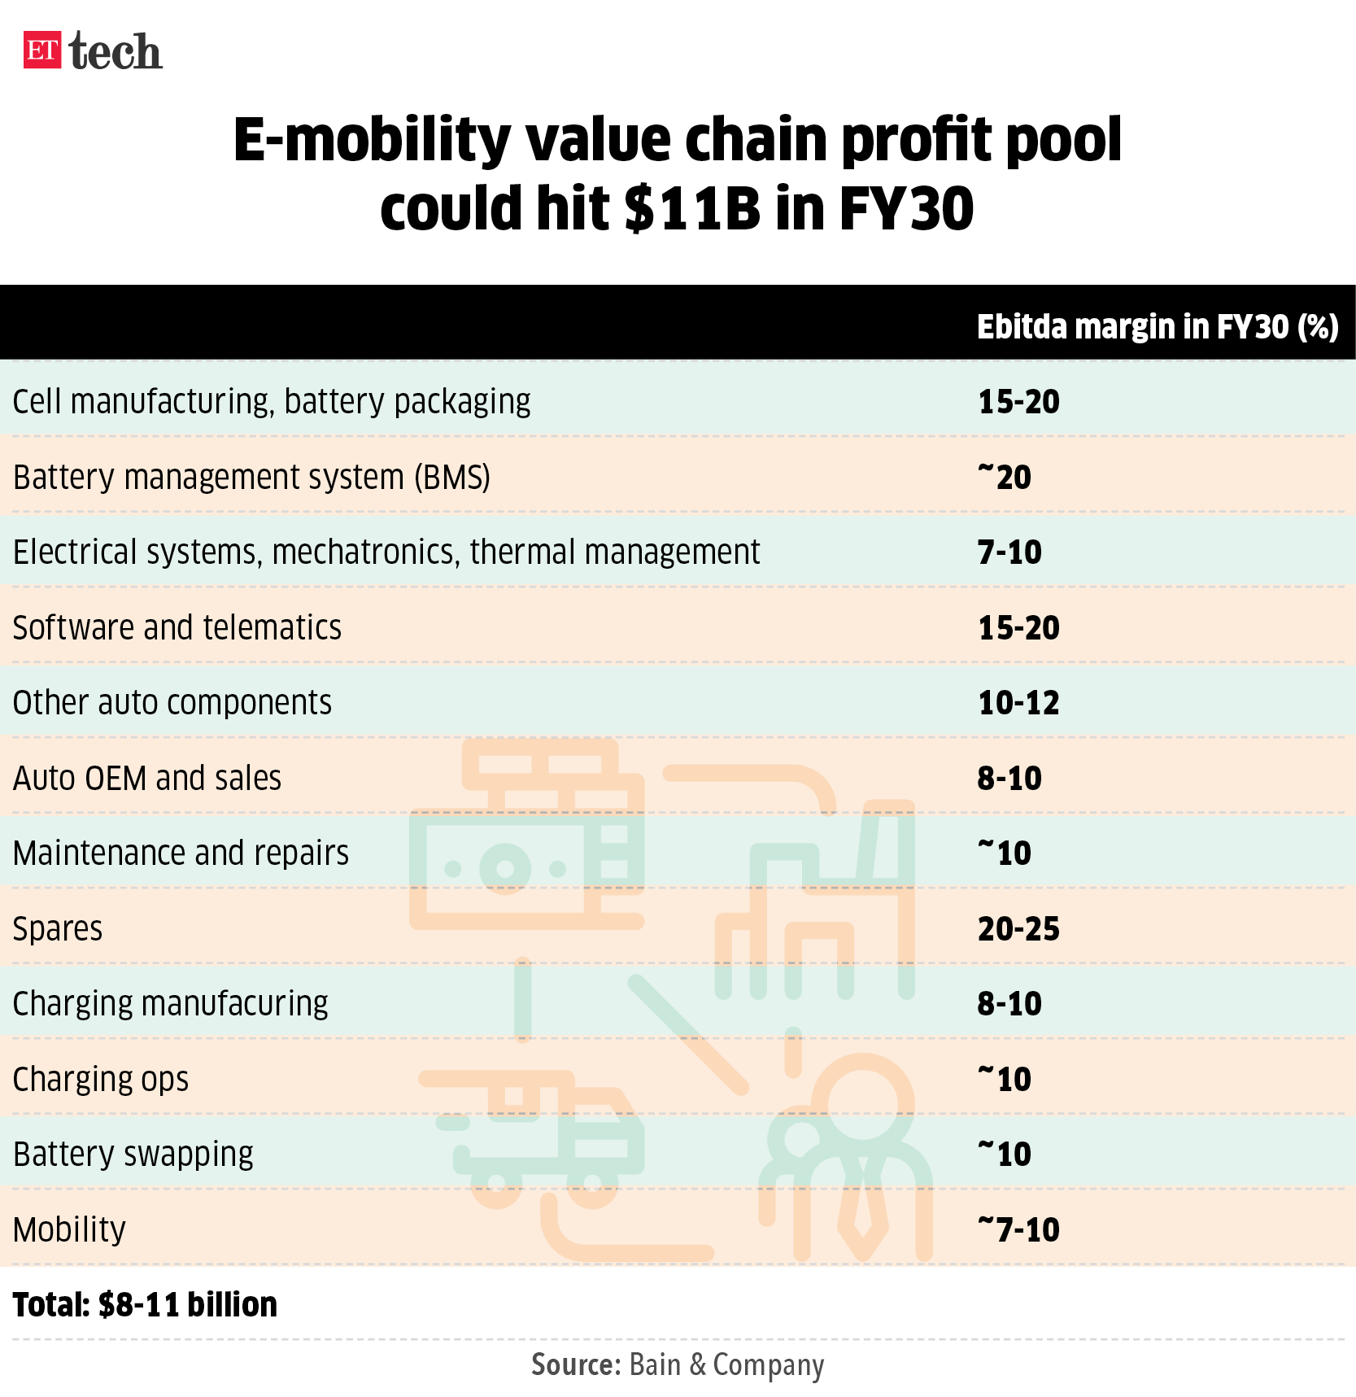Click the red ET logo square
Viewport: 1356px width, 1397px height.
pos(42,50)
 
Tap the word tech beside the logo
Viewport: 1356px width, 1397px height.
pos(116,52)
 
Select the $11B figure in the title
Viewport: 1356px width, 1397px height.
pos(692,208)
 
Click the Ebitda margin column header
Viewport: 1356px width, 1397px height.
pos(1157,327)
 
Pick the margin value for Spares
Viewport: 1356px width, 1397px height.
pos(1018,928)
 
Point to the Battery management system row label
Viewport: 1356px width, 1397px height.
pos(251,477)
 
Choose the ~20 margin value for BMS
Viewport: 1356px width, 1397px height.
pos(1005,477)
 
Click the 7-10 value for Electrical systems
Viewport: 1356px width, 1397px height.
pos(1009,552)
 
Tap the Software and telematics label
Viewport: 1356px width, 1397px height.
pos(177,628)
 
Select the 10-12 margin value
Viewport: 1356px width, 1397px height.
pos(1018,703)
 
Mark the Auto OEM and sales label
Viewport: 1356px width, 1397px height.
pos(147,779)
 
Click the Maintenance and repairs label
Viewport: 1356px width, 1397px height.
pos(181,853)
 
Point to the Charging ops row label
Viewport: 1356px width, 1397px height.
pos(101,1080)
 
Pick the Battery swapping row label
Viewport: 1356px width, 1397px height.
pos(133,1155)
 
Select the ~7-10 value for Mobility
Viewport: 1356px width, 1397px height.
pos(1018,1229)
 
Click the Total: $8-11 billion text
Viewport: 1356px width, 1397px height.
pos(145,1305)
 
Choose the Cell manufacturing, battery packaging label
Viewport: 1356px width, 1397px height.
pos(272,402)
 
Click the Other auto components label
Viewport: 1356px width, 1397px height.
pos(172,703)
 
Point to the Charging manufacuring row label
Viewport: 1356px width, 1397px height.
pos(171,1004)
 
